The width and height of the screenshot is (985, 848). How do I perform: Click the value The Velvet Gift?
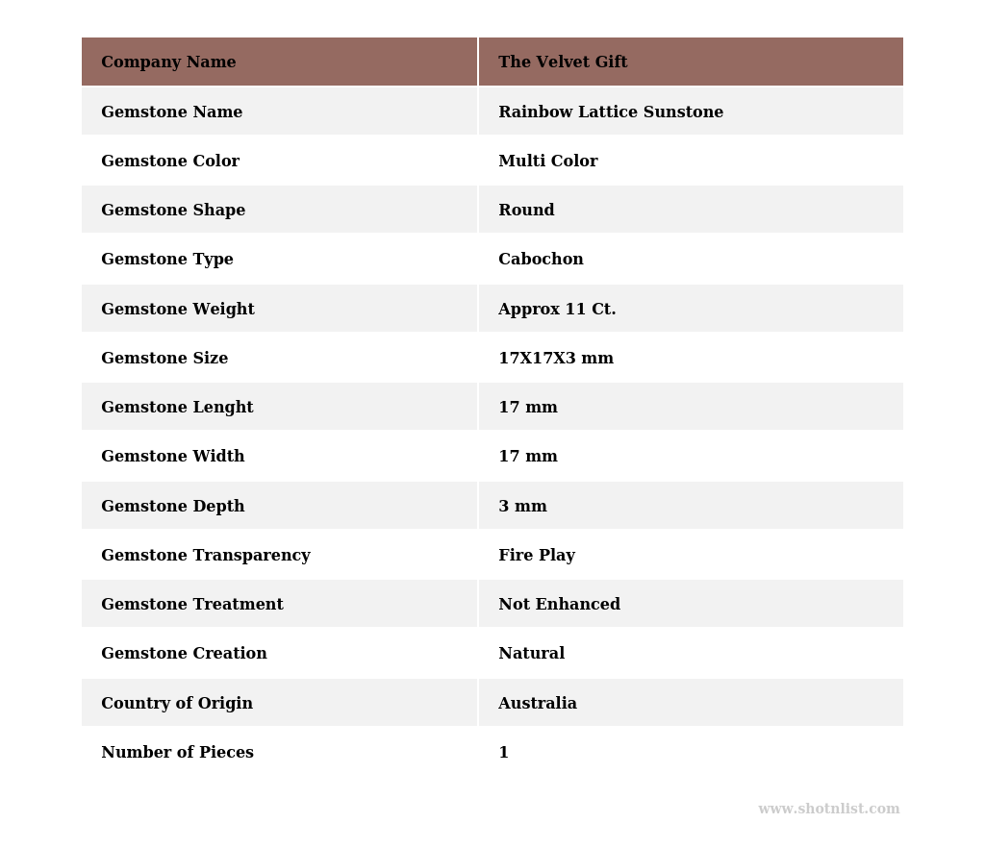(563, 62)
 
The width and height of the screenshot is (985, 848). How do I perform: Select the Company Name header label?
(168, 62)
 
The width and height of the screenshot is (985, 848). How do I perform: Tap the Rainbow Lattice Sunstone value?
(611, 112)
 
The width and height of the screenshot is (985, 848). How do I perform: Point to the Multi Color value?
(548, 162)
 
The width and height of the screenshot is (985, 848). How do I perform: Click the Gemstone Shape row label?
(173, 211)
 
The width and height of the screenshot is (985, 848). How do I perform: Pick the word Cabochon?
(541, 260)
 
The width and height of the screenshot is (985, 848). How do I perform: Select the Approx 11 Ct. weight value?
(557, 310)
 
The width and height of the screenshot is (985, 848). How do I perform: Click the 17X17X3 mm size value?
(556, 359)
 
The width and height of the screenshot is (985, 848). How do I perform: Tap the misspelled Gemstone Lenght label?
(177, 408)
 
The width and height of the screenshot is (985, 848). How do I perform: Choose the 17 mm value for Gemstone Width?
(528, 457)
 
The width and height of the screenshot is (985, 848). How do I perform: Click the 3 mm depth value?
(522, 507)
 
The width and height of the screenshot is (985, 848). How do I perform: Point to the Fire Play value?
(537, 556)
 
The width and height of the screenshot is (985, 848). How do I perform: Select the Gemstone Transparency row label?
(206, 556)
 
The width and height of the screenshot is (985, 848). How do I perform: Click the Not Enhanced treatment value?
(559, 605)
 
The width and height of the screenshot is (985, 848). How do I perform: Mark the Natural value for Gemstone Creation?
(531, 654)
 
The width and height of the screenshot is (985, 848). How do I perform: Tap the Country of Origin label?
(177, 704)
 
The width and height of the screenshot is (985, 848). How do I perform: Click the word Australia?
(538, 704)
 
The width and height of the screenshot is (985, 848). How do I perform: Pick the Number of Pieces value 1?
(503, 753)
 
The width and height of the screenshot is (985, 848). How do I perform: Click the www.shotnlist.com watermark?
(828, 810)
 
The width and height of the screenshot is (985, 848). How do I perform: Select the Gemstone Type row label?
(167, 260)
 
